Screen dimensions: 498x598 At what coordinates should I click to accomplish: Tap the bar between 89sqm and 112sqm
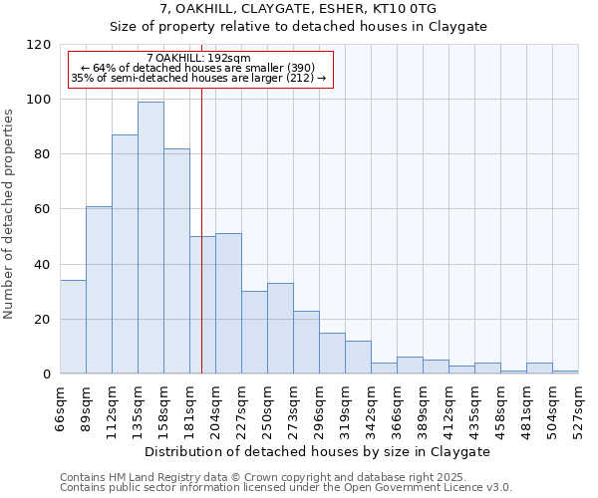pyautogui.click(x=99, y=290)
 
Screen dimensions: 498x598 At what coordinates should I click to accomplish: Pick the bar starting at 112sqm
pyautogui.click(x=125, y=254)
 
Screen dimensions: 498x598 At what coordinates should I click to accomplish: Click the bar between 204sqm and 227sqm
pyautogui.click(x=228, y=304)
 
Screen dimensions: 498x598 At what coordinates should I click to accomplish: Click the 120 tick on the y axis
pyautogui.click(x=39, y=45)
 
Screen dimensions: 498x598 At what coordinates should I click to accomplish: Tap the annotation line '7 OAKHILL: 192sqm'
pyautogui.click(x=198, y=58)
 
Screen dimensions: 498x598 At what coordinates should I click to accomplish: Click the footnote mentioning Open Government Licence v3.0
pyautogui.click(x=285, y=488)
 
